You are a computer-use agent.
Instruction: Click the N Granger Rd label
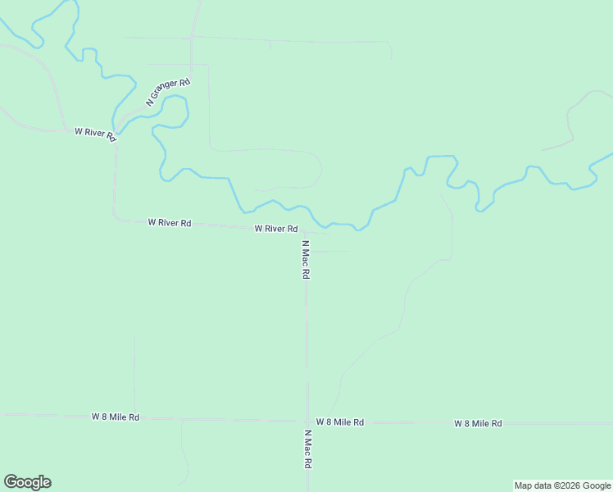(x=168, y=92)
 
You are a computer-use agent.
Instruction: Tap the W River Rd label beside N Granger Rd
(x=95, y=133)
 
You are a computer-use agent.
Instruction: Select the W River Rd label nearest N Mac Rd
(x=275, y=229)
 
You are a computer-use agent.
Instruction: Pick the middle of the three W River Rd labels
(x=169, y=222)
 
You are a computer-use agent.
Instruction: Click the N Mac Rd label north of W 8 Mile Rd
(x=305, y=260)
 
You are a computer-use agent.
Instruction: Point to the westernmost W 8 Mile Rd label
(x=115, y=417)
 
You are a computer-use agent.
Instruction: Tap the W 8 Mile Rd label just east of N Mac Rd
(x=339, y=421)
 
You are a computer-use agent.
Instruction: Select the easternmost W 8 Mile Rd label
(x=478, y=423)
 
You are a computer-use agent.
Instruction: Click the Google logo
(x=27, y=482)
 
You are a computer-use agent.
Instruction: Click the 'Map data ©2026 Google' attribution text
(x=562, y=485)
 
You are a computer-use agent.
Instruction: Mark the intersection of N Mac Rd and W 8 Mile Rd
(x=306, y=421)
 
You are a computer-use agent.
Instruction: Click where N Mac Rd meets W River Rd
(x=306, y=230)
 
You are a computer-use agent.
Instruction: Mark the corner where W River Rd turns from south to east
(x=116, y=219)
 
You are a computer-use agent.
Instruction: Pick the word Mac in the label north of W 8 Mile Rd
(x=305, y=260)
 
